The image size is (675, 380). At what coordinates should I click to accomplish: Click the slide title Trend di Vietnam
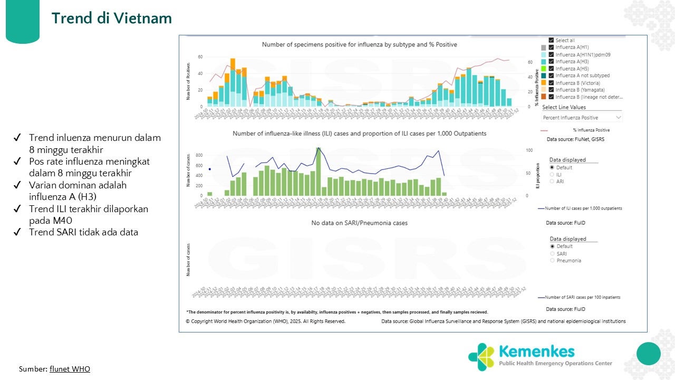(x=112, y=18)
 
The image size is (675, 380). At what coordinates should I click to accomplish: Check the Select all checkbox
(x=551, y=40)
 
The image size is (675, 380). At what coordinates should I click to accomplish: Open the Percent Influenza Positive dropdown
(x=582, y=117)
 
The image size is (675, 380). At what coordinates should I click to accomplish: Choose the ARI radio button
(x=552, y=181)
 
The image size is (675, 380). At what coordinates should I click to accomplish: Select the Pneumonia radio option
(x=552, y=260)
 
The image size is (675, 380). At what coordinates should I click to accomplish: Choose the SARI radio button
(x=552, y=253)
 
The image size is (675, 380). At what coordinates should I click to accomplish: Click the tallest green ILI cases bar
(x=318, y=172)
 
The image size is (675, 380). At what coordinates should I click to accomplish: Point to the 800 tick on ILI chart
(x=198, y=155)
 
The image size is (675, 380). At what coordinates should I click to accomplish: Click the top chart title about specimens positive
(x=359, y=45)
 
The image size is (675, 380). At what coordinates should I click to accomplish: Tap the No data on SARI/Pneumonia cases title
(x=359, y=223)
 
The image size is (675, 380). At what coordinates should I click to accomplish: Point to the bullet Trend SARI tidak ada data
(x=83, y=232)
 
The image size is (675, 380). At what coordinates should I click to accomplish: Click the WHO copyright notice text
(x=266, y=321)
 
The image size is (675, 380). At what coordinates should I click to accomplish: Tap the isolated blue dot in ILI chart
(x=209, y=169)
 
